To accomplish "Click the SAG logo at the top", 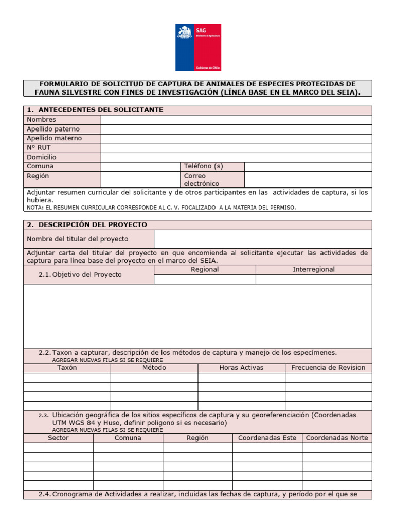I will coord(198,47).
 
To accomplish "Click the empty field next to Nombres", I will coord(236,120).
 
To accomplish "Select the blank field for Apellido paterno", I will coord(236,129).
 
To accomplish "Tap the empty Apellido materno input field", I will coord(236,139).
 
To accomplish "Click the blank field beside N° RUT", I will coord(236,148).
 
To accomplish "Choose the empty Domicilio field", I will coord(236,157).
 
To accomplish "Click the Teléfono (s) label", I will coord(204,166).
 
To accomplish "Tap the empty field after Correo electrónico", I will coord(308,179).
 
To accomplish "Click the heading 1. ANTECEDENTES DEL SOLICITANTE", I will coord(95,110).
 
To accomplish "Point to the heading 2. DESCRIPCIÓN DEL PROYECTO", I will coord(86,225).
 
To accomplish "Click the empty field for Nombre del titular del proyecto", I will coord(262,239).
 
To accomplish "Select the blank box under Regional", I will coord(205,279).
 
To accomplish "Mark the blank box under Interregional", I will coord(313,279).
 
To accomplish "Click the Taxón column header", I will coord(67,368).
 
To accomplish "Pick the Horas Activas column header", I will coord(241,368).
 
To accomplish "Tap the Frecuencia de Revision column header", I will coord(328,368).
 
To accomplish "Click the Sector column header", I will coord(58,438).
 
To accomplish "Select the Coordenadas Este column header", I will coord(267,438).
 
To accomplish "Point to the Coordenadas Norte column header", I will coord(337,438).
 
